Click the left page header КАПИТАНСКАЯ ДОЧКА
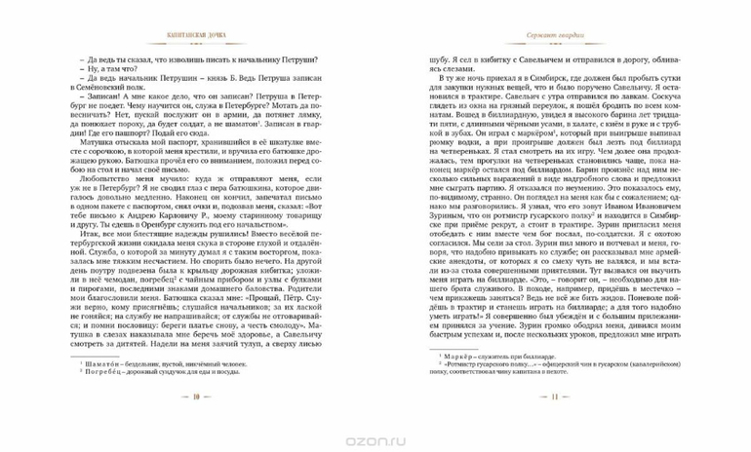point(195,37)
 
